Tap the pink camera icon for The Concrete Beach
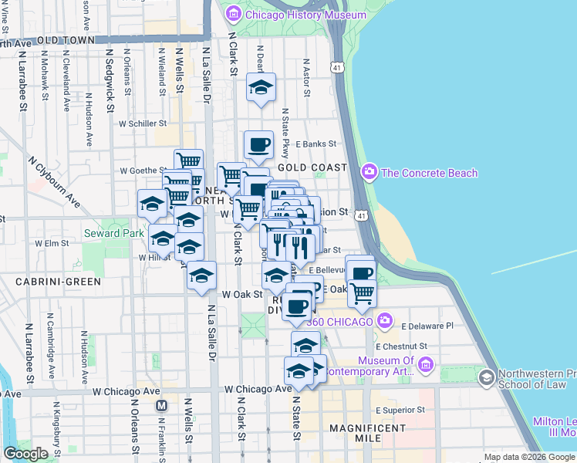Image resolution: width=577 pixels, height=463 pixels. pos(369,171)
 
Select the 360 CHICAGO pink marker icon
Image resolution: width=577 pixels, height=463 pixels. pos(386,319)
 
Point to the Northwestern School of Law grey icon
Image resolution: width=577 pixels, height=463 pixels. pos(486,377)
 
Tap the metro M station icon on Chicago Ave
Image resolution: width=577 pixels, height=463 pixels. pos(162,405)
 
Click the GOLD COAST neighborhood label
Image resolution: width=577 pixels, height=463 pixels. pos(312,167)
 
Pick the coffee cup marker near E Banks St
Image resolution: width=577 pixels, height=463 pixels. pos(258,144)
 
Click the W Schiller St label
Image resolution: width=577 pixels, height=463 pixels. pos(137,123)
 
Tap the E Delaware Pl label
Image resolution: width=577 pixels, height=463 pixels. pos(427,326)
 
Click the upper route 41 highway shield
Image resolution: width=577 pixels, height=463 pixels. pos(337,68)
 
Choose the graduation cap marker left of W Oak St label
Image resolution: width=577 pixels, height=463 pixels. pos(201,275)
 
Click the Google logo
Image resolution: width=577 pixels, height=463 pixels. pos(25,454)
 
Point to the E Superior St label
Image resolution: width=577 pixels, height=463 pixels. pos(400,410)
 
